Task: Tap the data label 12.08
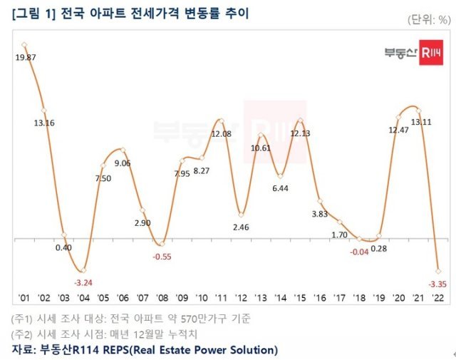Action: point(222,133)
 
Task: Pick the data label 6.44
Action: point(280,188)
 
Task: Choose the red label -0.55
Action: point(162,254)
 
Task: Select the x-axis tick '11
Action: point(222,298)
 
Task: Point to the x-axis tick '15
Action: point(300,298)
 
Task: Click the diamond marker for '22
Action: point(437,272)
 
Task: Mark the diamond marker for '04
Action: point(83,270)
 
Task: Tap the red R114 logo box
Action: point(430,53)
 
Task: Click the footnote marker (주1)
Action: point(25,318)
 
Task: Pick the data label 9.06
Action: point(122,163)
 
